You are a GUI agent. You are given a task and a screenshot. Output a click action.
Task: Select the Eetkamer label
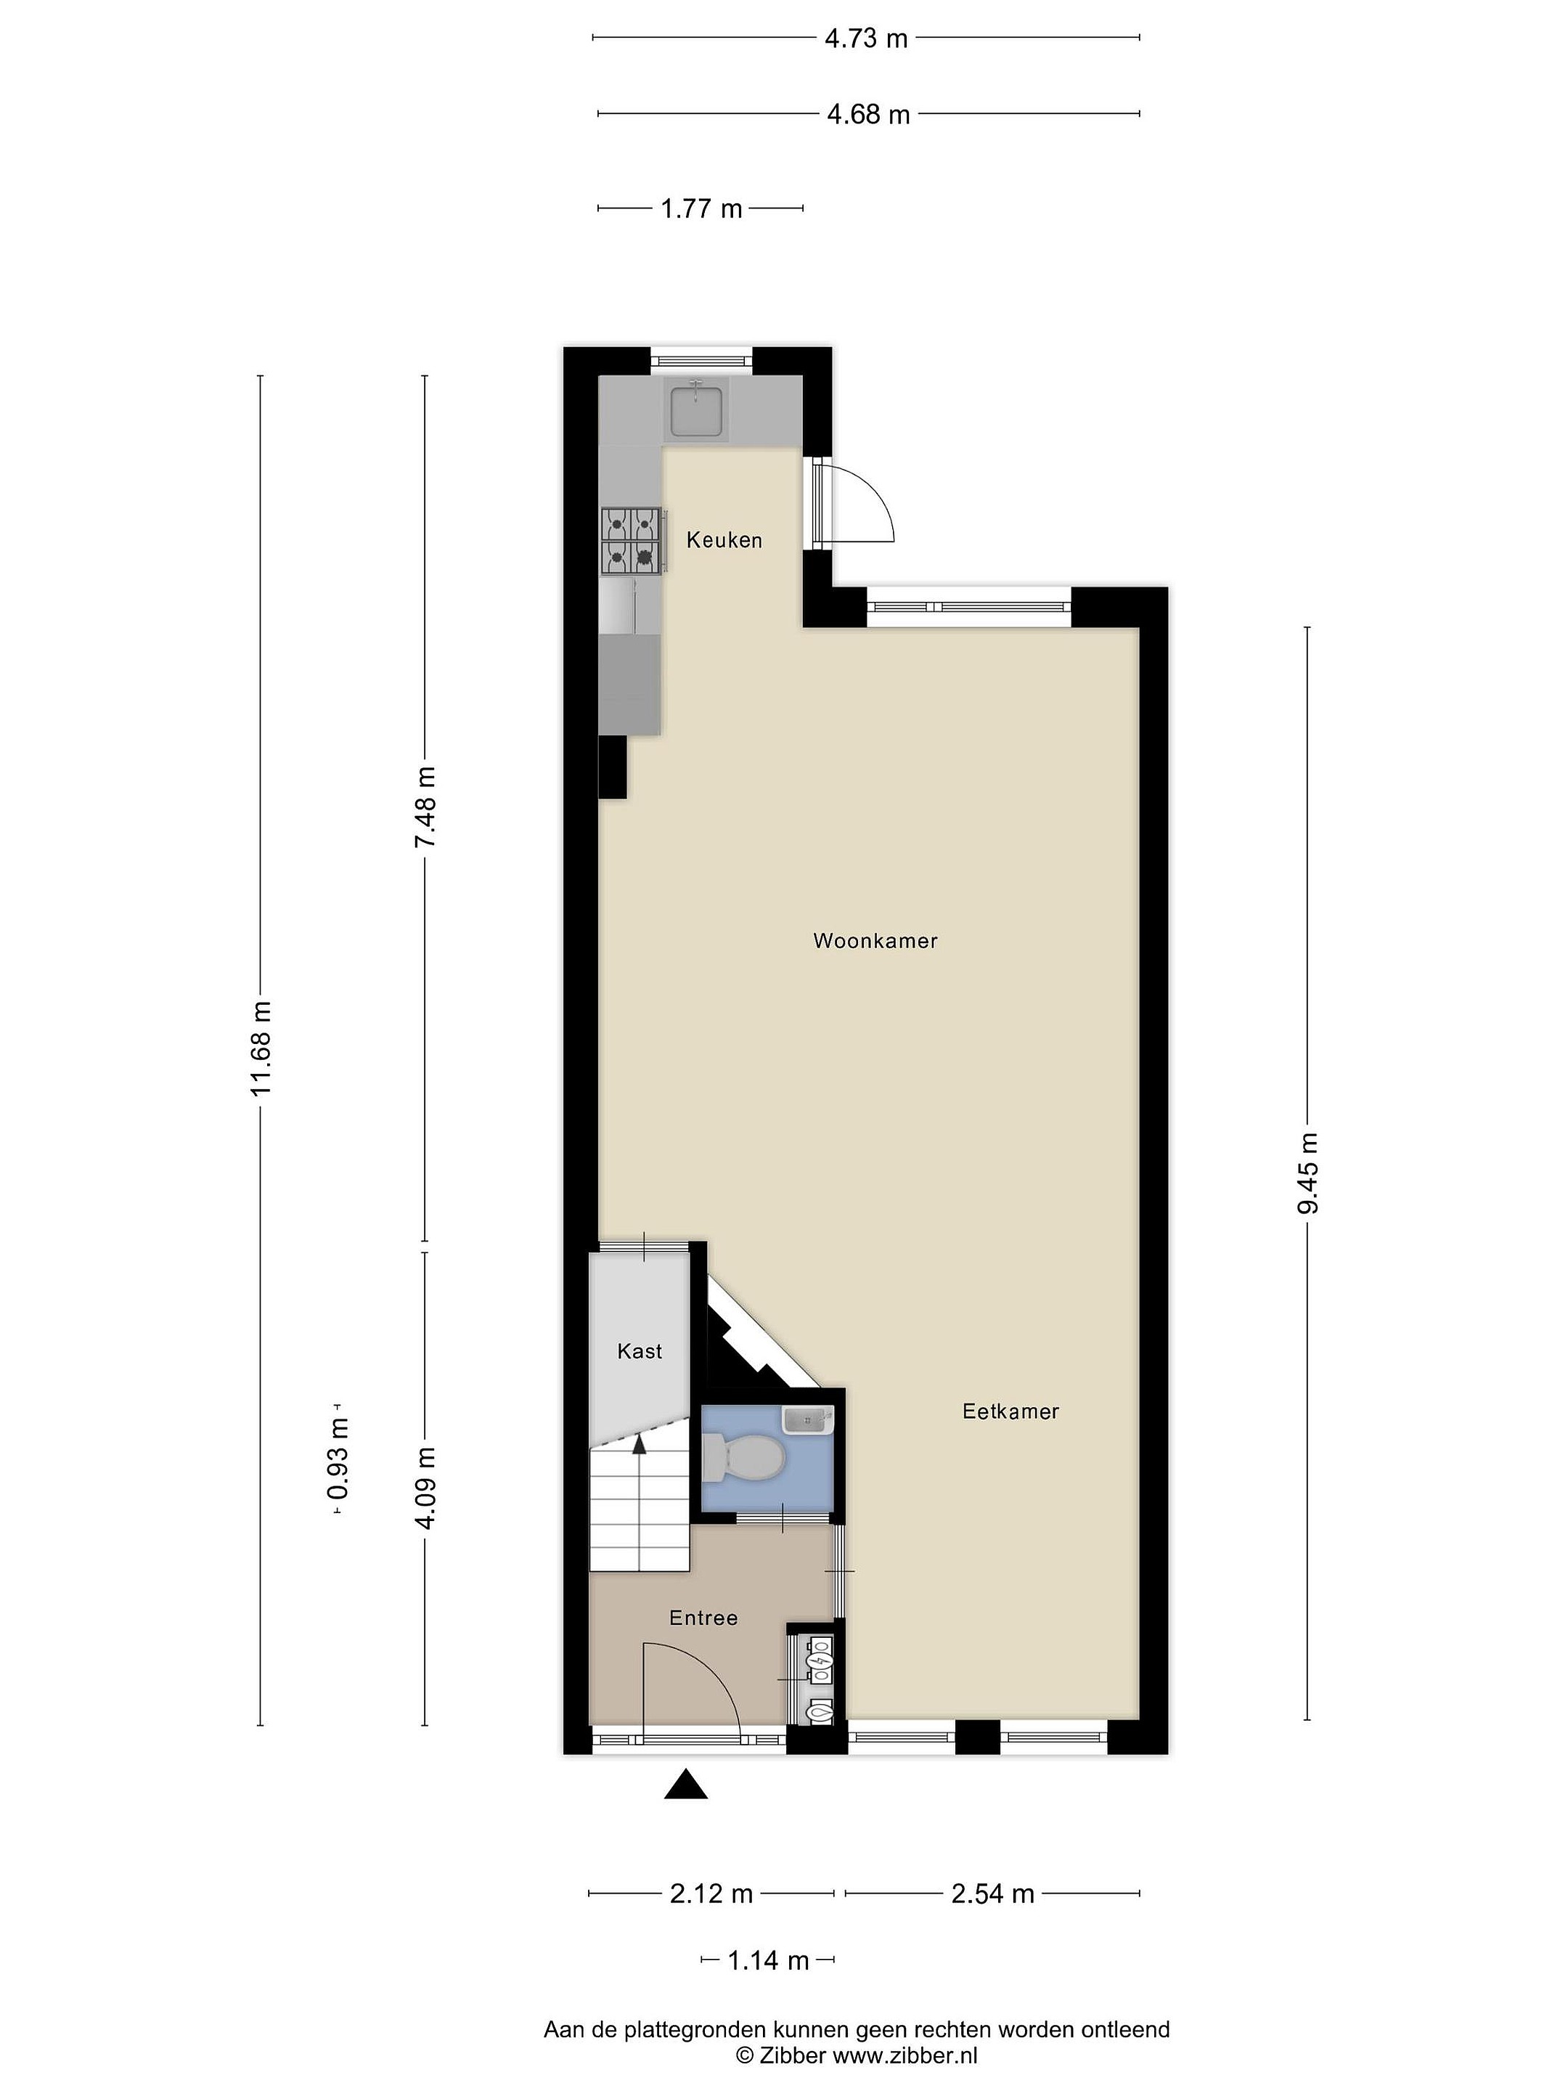coord(1010,1411)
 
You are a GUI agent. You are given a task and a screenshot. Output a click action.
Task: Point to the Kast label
coord(640,1351)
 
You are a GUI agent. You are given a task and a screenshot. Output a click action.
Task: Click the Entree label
coord(703,1618)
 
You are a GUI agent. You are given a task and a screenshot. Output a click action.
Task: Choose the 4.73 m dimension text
coord(866,38)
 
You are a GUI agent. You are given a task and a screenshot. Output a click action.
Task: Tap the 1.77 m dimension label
coord(701,209)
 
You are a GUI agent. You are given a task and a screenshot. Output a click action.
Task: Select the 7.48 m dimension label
coord(425,807)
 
